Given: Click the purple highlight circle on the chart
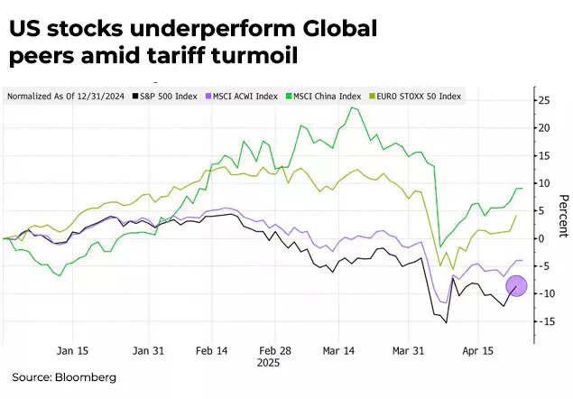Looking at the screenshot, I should coord(516,286).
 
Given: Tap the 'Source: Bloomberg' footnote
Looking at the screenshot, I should coord(64,377).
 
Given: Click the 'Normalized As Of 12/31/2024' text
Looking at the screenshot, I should coord(65,96).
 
